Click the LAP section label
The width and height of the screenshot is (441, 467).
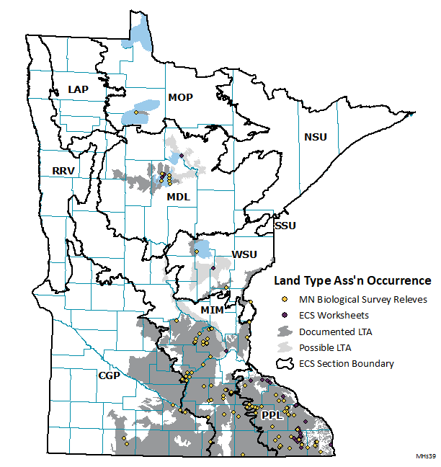click(79, 89)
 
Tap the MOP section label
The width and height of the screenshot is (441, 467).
click(180, 97)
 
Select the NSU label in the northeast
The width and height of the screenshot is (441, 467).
click(315, 137)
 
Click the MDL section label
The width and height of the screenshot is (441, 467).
click(178, 197)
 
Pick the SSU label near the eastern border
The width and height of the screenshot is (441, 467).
click(285, 226)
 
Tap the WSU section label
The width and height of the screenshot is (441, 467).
click(243, 255)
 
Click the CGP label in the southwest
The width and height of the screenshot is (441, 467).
click(110, 375)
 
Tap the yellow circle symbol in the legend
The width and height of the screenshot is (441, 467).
click(285, 299)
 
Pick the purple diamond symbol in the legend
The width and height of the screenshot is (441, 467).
click(285, 315)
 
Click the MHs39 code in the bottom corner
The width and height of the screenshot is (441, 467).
click(426, 457)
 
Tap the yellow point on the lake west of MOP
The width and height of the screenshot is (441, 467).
click(135, 112)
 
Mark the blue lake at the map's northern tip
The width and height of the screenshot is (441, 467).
click(141, 34)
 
